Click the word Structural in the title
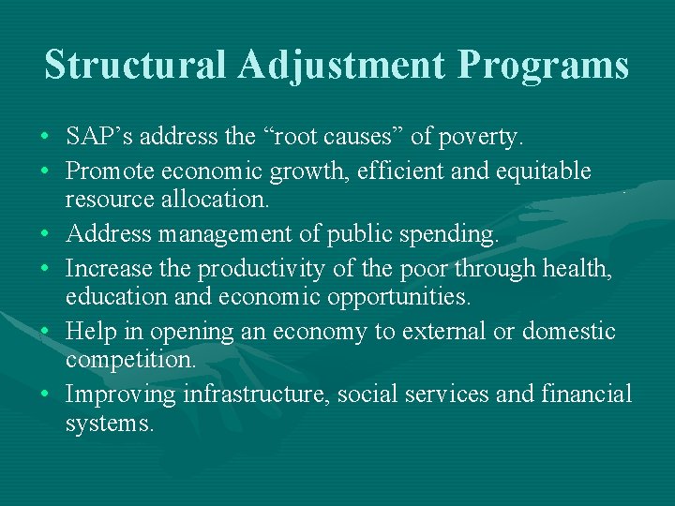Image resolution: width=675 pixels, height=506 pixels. [x=135, y=66]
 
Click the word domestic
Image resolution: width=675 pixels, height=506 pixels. [x=569, y=331]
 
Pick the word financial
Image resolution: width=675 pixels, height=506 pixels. [x=587, y=394]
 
